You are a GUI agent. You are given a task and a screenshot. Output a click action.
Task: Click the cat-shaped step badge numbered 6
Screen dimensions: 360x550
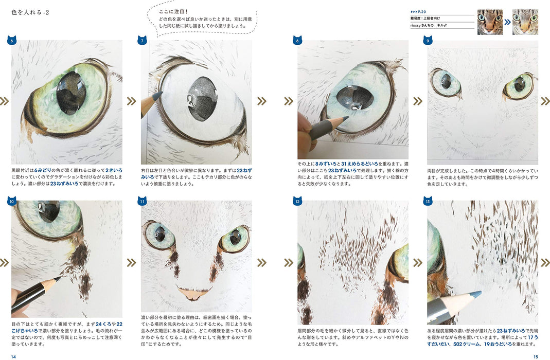click(x=11, y=40)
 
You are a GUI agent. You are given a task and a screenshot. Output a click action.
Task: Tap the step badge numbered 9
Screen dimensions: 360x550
click(x=427, y=40)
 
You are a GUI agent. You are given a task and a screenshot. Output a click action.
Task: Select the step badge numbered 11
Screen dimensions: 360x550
click(x=141, y=201)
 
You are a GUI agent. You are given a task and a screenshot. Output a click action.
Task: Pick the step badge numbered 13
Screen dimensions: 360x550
click(x=427, y=201)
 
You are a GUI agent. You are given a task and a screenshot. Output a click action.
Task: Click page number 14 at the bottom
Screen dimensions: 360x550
click(x=14, y=356)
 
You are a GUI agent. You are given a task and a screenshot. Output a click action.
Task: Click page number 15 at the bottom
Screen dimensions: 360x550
click(x=536, y=356)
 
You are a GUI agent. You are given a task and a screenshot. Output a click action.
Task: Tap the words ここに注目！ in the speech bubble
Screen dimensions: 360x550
click(x=173, y=11)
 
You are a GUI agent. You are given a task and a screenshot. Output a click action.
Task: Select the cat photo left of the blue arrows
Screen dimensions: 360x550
click(x=490, y=22)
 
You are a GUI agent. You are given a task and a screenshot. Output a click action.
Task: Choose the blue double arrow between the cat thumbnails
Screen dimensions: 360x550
click(x=507, y=22)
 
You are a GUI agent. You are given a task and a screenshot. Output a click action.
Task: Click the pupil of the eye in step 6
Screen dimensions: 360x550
click(x=71, y=93)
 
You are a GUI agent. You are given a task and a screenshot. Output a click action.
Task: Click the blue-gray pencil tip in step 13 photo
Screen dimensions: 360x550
click(x=478, y=294)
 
